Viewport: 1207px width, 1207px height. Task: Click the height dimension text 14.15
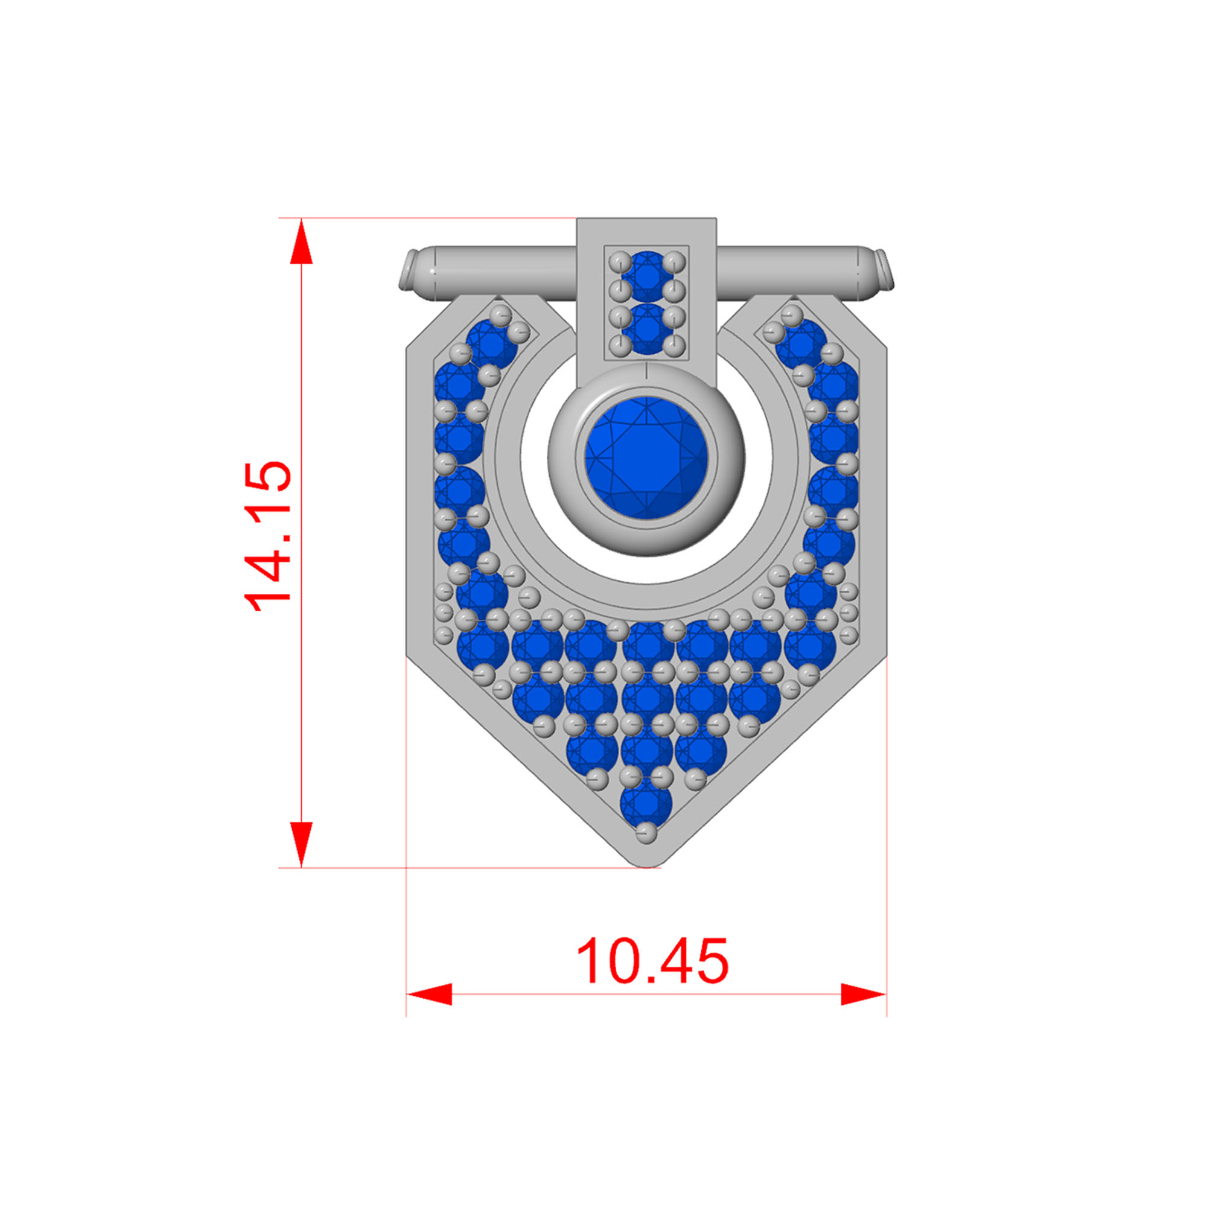tap(267, 535)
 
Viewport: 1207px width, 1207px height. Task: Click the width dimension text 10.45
tap(652, 961)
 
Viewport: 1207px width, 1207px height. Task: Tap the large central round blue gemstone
tap(646, 457)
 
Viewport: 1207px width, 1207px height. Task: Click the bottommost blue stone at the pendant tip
tap(646, 804)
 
